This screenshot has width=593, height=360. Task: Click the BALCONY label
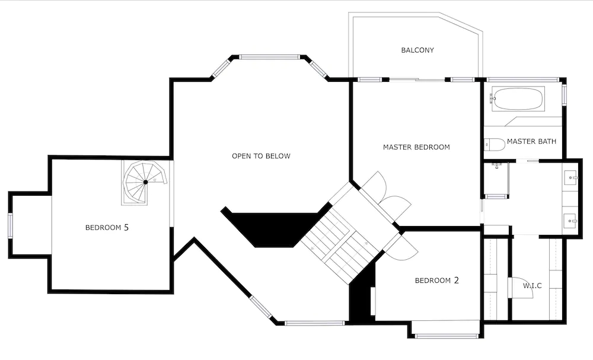[417, 50]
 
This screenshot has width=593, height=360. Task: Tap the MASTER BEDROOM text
[416, 147]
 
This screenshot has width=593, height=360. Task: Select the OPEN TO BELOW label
[261, 156]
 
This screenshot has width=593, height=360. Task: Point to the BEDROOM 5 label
[107, 227]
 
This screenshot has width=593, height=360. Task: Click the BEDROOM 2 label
[437, 280]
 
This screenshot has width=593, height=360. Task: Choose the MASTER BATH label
[531, 141]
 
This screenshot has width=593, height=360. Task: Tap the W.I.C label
[533, 285]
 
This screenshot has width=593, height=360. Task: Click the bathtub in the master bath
[517, 99]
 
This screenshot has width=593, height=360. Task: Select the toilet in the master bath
[495, 144]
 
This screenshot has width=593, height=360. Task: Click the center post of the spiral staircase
[146, 182]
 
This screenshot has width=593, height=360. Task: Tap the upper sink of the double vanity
[570, 177]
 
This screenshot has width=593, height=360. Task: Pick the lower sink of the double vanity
[570, 219]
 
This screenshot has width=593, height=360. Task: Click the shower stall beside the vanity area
[496, 179]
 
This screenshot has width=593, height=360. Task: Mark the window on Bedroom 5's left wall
[10, 226]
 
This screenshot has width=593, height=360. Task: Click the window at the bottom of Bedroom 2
[447, 336]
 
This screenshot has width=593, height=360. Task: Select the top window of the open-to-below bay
[269, 57]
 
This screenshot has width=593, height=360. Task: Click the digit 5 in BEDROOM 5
[126, 227]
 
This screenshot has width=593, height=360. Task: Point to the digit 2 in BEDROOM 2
[456, 280]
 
